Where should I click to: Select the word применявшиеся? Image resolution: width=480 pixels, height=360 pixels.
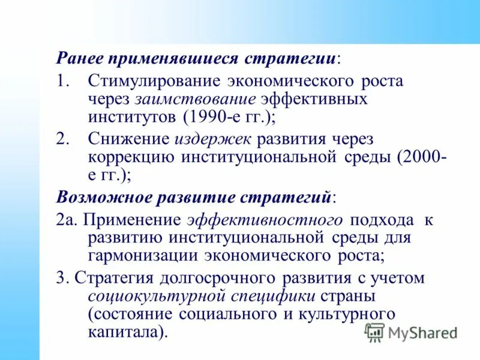[x=173, y=59]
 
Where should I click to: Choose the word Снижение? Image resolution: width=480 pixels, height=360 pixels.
[x=128, y=140]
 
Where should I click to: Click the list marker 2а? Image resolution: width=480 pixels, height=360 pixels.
[x=65, y=220]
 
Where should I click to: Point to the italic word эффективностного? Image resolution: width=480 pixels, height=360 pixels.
[x=266, y=220]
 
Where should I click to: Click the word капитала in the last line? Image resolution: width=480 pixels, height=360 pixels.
[x=122, y=331]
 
